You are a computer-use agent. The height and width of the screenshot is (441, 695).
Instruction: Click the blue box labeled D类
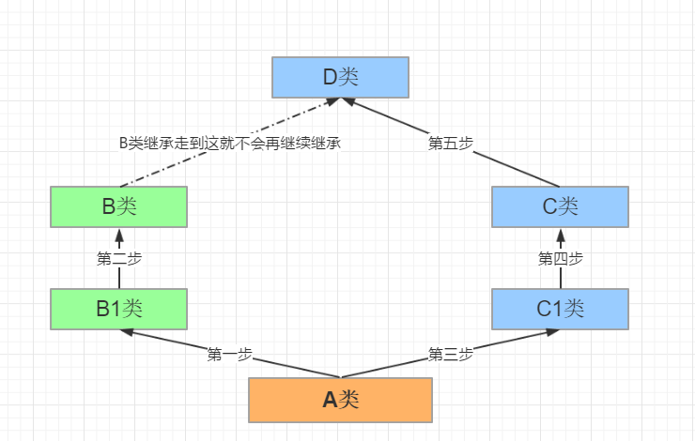(x=340, y=77)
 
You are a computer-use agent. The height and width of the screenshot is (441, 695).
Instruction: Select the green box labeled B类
(x=118, y=206)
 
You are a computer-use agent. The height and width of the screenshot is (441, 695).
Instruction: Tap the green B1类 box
(x=118, y=308)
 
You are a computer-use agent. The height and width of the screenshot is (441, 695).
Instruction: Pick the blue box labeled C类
(x=560, y=206)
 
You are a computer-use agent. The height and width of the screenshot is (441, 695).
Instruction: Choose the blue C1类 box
(x=560, y=308)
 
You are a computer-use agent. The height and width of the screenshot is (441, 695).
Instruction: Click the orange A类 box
(x=340, y=400)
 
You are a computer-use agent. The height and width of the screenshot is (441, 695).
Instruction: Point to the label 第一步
(x=230, y=355)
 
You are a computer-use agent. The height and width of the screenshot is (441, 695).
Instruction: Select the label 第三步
(x=451, y=355)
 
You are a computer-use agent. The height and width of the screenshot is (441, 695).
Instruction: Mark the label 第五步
(x=451, y=144)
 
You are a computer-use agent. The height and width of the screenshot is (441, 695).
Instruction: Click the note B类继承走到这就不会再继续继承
(x=228, y=144)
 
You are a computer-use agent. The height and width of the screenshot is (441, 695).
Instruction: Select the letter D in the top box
(x=330, y=77)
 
